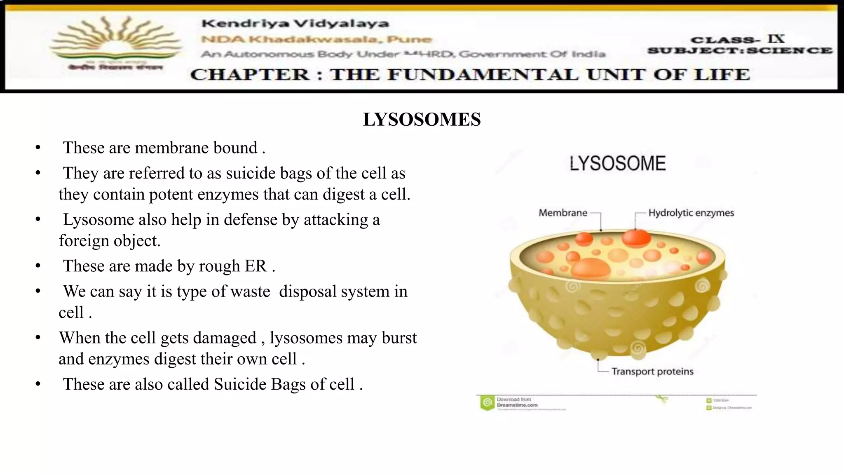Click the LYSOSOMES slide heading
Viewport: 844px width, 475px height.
click(x=422, y=120)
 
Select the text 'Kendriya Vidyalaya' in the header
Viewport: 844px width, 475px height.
click(x=295, y=24)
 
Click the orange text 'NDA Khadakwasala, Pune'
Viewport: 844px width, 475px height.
click(x=316, y=40)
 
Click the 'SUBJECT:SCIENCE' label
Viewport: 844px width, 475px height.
click(x=740, y=51)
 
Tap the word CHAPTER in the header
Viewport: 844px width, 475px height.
click(x=250, y=75)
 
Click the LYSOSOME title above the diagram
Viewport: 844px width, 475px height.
click(x=617, y=164)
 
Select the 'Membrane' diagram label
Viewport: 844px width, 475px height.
click(x=563, y=213)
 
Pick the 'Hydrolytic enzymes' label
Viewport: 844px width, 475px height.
click(x=691, y=213)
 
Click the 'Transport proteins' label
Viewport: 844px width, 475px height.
click(x=652, y=372)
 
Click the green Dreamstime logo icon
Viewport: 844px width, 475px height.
click(x=487, y=402)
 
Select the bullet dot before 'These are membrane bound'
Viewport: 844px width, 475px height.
click(x=38, y=148)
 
